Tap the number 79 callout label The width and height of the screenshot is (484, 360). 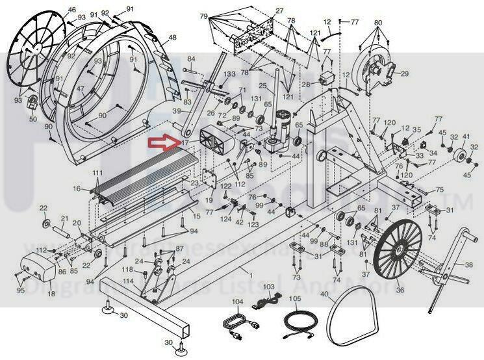204,16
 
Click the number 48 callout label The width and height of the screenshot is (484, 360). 173,38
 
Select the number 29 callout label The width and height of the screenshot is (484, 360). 405,74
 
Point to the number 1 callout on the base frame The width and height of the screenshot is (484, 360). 241,268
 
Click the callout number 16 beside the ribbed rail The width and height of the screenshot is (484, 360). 77,188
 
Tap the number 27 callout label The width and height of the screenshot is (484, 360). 279,11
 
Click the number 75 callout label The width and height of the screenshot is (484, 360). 439,190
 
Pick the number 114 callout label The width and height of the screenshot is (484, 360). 129,281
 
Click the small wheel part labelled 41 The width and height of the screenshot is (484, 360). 464,156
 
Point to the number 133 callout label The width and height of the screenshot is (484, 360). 229,75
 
